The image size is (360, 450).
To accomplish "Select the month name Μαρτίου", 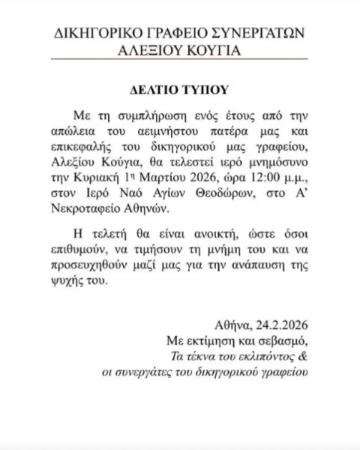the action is pyautogui.click(x=172, y=180).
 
